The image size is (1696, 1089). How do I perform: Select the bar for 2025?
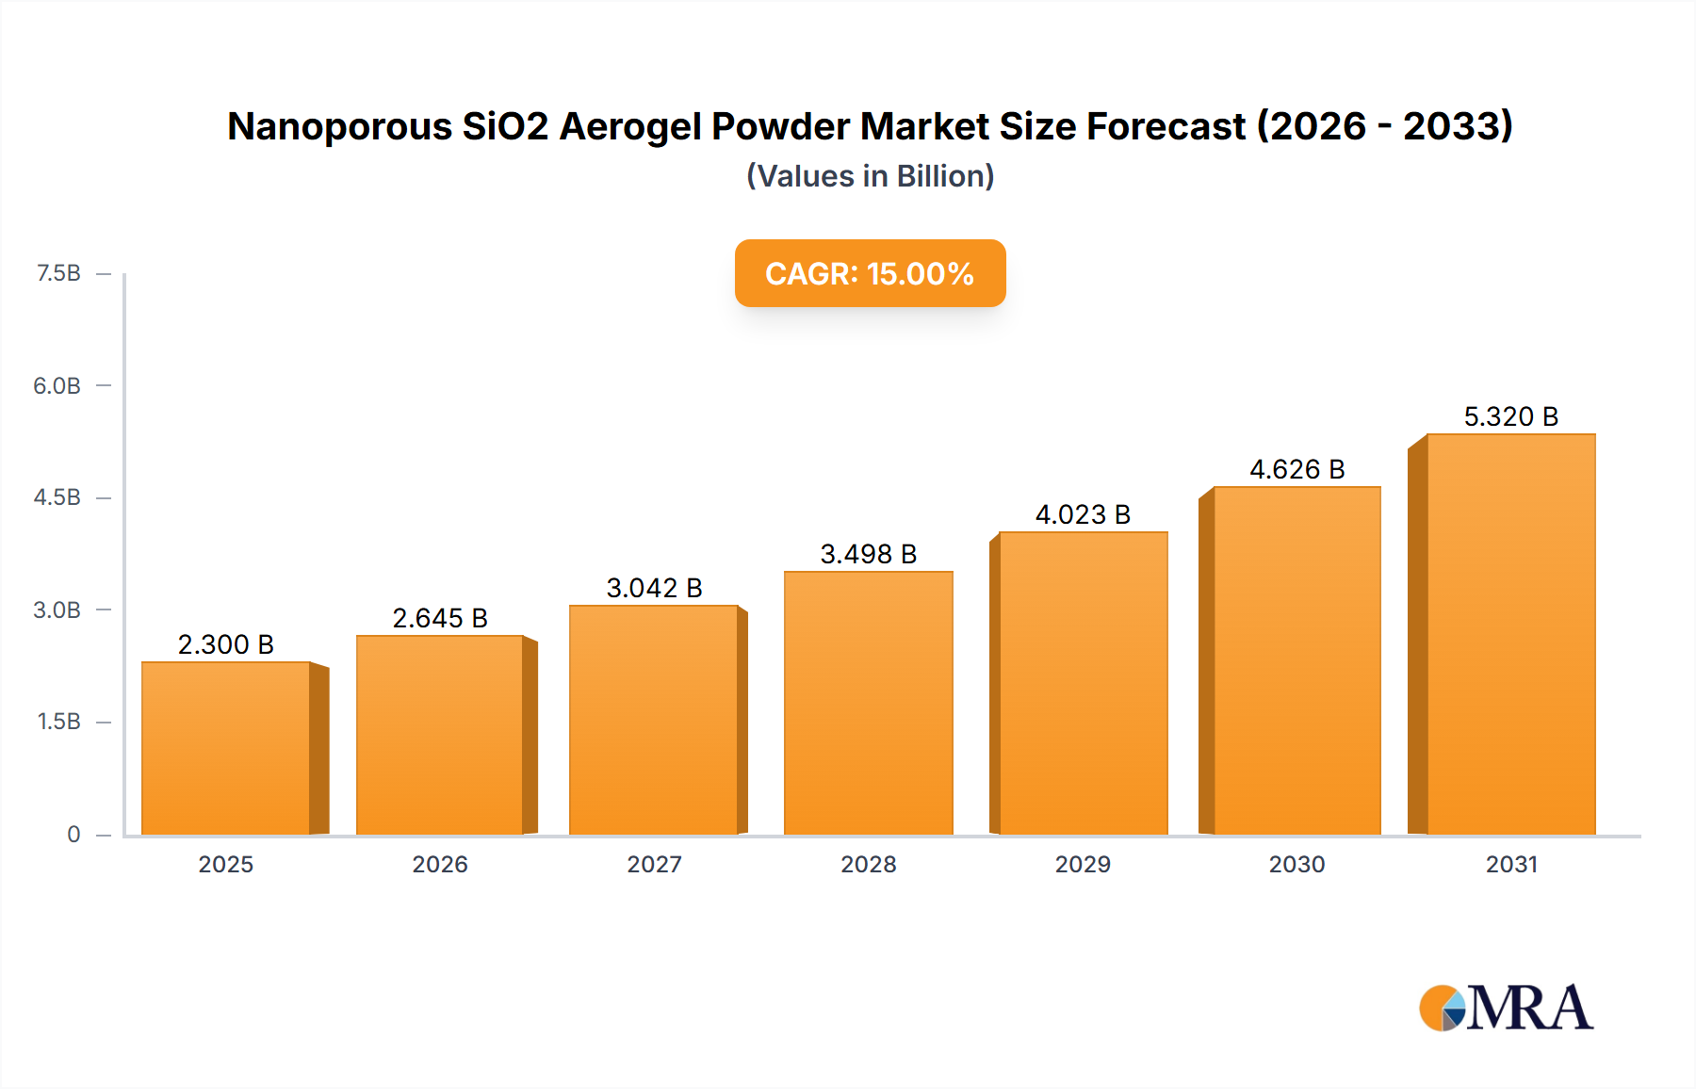(226, 749)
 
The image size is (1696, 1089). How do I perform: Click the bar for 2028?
(868, 704)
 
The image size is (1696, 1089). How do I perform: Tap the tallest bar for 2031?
(1510, 635)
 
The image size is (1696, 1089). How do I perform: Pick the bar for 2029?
(1083, 684)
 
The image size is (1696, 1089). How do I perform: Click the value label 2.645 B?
(440, 618)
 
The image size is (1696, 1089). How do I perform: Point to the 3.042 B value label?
(654, 588)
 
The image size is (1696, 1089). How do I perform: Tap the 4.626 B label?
(1296, 469)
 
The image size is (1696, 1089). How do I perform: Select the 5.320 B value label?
(1510, 416)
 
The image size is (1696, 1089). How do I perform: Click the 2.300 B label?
(226, 644)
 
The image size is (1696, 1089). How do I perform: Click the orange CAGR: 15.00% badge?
(870, 273)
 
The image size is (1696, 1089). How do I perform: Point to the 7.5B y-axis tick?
(58, 273)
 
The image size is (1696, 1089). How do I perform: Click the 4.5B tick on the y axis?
(57, 497)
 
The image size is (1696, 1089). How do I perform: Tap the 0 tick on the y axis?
(73, 835)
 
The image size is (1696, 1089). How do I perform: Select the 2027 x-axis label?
(654, 864)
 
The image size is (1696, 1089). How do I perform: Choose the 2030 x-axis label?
(1296, 864)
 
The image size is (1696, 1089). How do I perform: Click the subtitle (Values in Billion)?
(870, 176)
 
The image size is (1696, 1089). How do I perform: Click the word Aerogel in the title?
(629, 126)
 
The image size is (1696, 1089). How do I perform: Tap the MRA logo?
(1506, 1008)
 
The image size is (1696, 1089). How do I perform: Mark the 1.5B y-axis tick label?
(58, 722)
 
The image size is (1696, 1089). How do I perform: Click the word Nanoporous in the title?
(339, 126)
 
